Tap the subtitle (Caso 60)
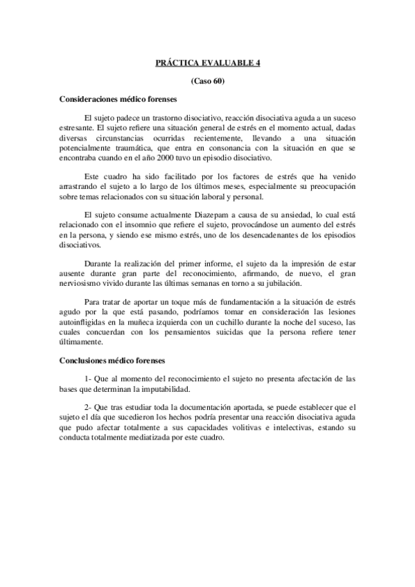coord(208,81)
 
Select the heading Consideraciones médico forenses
coord(118,99)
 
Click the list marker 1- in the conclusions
coord(87,379)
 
